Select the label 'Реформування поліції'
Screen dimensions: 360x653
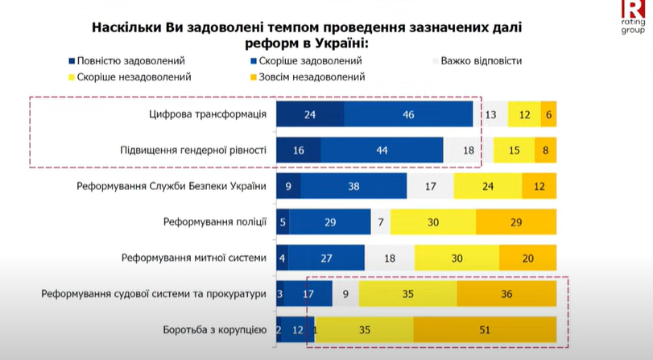tap(213, 221)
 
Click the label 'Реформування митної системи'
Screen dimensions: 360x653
tap(193, 258)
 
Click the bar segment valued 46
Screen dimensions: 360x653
tap(408, 114)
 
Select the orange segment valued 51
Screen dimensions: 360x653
tap(485, 330)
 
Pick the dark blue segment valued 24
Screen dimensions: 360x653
tap(310, 114)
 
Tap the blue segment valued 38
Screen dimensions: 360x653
tap(354, 186)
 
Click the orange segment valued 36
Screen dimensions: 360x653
tap(506, 294)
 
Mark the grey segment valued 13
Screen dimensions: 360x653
tap(490, 114)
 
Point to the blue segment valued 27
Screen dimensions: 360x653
tap(326, 258)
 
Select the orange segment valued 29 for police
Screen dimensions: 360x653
tap(516, 221)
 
